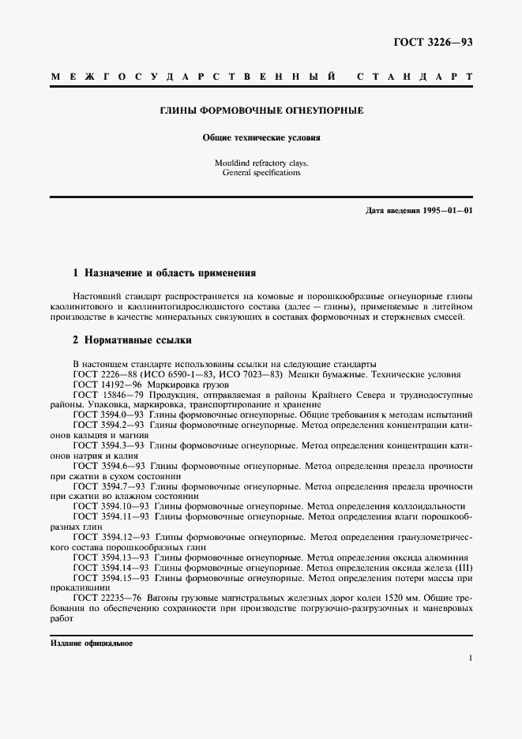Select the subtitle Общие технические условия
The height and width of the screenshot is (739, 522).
tap(261, 137)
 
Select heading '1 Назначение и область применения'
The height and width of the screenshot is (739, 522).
tap(164, 273)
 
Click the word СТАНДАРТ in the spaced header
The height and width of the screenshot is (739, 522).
tap(415, 77)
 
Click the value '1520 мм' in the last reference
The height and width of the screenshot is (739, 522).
tap(399, 598)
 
